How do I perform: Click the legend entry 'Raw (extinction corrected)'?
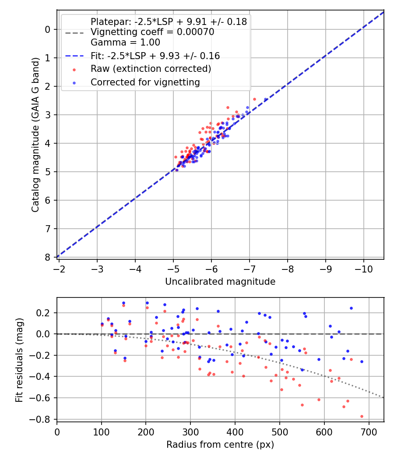[151, 69]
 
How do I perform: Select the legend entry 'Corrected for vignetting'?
[145, 82]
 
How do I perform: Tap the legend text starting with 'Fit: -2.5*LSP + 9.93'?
[155, 56]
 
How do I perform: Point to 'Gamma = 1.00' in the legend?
[125, 42]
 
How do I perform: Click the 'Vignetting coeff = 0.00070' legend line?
[152, 32]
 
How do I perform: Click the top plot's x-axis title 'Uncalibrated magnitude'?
[220, 282]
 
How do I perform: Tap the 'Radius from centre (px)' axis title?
[220, 445]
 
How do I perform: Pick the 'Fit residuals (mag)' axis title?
[19, 360]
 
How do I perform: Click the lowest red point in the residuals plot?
[362, 416]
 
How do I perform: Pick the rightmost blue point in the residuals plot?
[362, 361]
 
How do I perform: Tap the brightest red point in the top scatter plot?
[254, 99]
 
